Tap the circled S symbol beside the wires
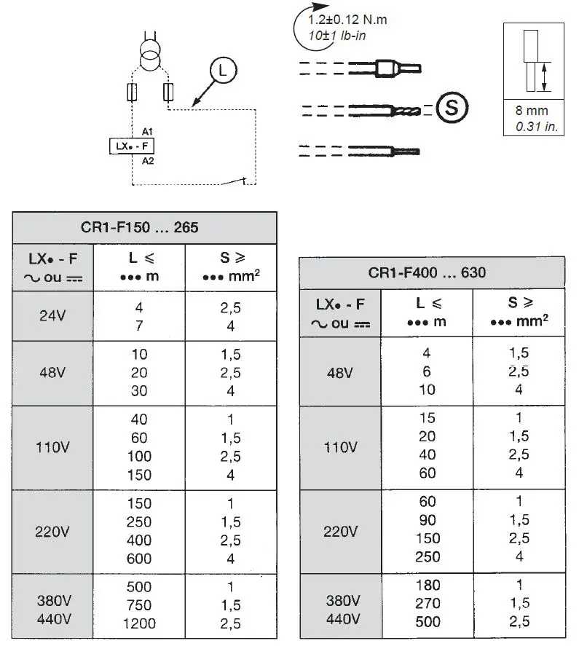point(452,108)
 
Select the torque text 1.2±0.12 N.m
point(347,20)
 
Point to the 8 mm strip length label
point(532,111)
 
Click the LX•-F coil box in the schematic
point(132,146)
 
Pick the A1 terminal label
point(148,131)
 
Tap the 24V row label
point(52,317)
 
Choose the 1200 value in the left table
point(139,623)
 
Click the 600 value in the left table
point(139,559)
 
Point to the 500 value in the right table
point(428,621)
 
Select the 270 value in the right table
point(428,603)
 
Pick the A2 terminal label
point(148,160)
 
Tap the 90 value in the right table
point(428,519)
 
